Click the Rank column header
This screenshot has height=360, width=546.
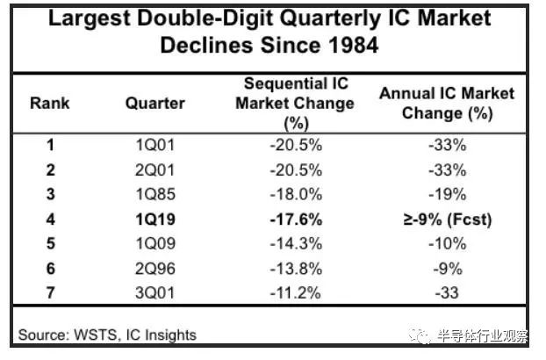[49, 103]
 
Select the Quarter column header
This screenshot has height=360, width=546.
[154, 103]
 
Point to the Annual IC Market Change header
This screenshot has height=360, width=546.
[447, 103]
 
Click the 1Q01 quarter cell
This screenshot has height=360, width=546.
[154, 145]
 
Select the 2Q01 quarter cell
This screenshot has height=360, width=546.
[154, 169]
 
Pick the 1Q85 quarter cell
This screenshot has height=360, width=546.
[154, 194]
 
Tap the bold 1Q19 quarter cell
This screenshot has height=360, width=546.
[154, 219]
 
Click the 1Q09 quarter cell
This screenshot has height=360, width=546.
[154, 243]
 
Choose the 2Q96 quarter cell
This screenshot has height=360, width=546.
[154, 268]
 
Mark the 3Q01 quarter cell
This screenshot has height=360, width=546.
[154, 292]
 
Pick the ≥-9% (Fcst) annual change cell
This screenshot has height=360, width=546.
[447, 219]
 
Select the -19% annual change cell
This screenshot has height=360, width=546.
[447, 194]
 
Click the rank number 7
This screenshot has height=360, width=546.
[49, 292]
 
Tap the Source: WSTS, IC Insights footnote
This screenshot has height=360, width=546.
[107, 335]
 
